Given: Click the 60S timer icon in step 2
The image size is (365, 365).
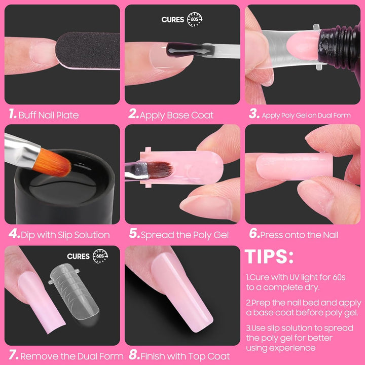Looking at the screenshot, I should click(194, 19).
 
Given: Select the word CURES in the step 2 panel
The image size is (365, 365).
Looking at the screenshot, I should click(173, 20).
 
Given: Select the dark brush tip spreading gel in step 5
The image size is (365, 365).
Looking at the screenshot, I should click(160, 169).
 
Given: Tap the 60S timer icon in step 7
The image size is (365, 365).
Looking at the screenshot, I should click(99, 257).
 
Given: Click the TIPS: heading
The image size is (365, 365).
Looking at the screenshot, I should click(269, 257).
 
